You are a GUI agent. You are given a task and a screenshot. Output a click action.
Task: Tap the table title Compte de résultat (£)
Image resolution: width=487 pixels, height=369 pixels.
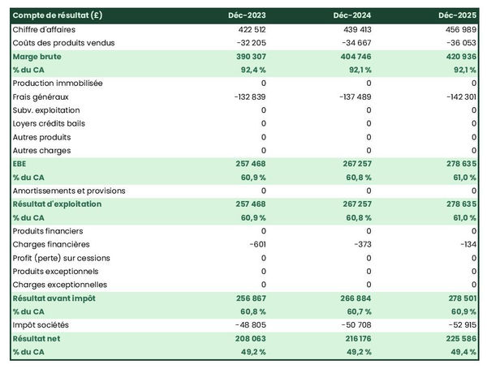click(x=58, y=15)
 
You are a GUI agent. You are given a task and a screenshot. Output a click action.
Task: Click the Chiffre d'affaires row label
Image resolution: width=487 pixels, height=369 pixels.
click(x=47, y=29)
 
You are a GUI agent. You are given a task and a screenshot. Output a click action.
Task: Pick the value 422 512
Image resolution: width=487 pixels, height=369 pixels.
click(x=249, y=29)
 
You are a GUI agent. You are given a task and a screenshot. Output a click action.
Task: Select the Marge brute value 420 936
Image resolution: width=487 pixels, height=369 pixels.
click(x=459, y=57)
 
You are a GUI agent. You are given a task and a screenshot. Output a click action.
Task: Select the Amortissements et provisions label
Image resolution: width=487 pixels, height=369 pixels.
click(x=69, y=191)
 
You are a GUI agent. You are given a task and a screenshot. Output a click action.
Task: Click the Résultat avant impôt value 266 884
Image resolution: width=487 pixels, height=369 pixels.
click(x=354, y=298)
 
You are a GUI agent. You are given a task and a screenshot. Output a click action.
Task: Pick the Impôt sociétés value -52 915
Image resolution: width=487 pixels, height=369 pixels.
click(x=459, y=325)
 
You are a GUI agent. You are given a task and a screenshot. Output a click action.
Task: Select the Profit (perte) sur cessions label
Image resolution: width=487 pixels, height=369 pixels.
click(x=62, y=258)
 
